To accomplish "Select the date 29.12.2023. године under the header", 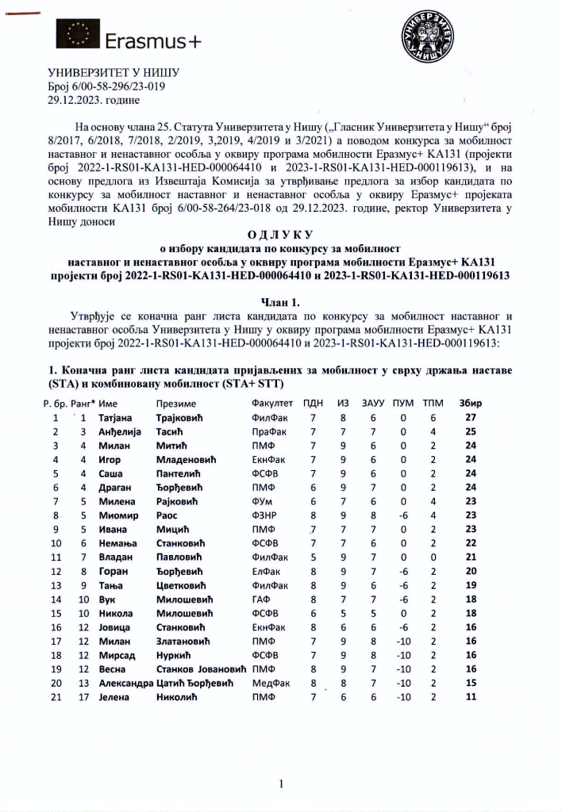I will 94,101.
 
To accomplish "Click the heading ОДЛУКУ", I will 280,236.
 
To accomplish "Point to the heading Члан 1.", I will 280,302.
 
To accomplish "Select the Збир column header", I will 471,403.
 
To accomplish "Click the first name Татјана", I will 118,417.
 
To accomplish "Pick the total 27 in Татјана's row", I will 471,417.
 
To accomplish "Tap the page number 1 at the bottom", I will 281,784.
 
